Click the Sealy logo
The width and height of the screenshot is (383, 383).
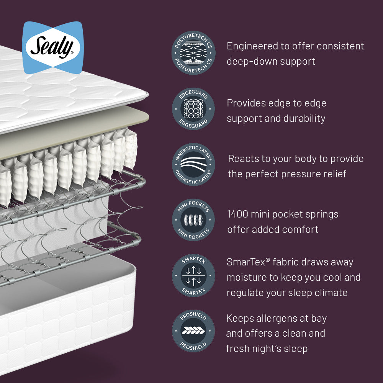click(53, 47)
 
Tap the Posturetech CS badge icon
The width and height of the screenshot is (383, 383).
click(193, 53)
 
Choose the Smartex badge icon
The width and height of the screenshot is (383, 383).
click(193, 275)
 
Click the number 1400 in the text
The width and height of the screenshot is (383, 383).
click(238, 214)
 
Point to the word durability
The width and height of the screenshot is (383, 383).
click(304, 118)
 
